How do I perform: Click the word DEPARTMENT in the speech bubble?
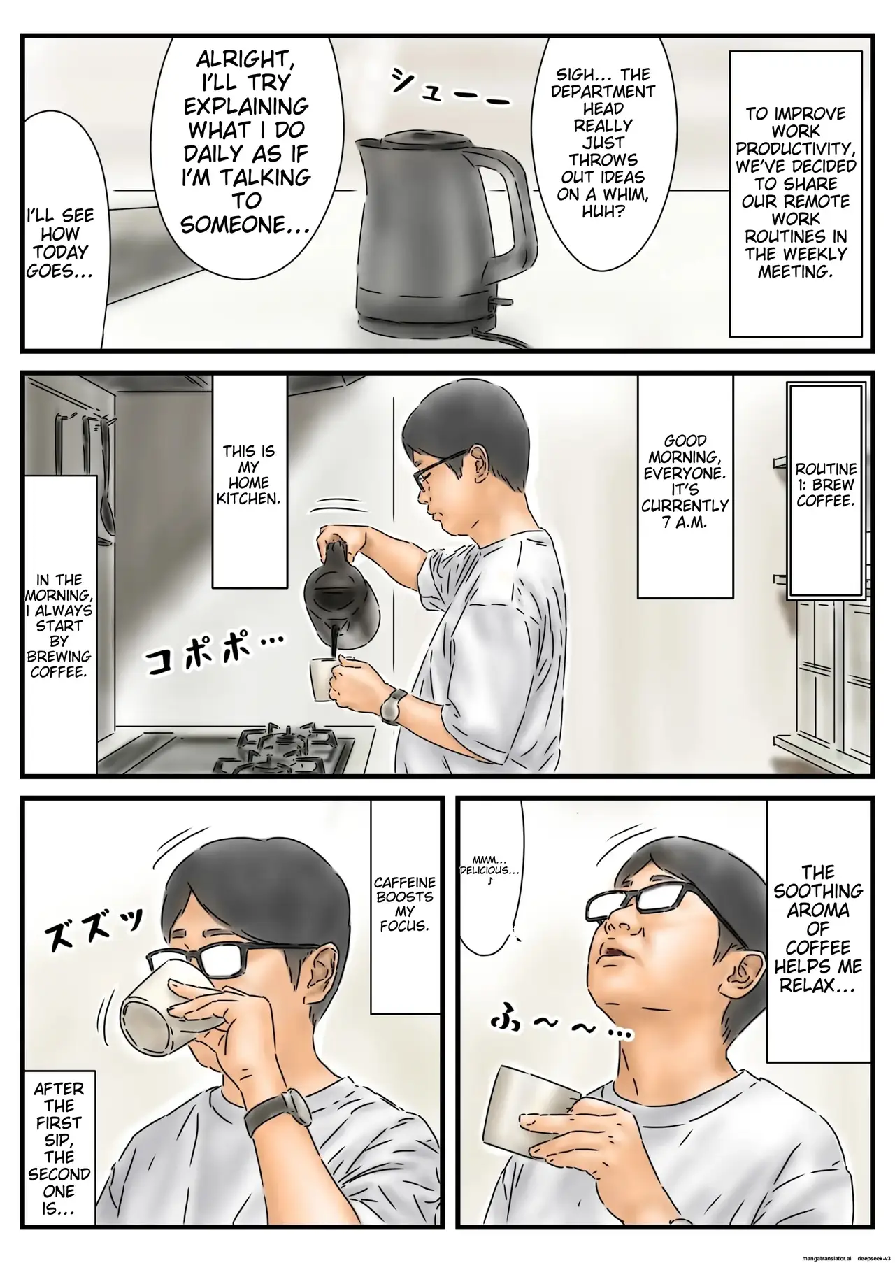[x=605, y=92]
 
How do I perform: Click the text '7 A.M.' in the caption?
[x=685, y=522]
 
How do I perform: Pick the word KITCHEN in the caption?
[x=249, y=499]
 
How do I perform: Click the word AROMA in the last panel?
[x=817, y=911]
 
